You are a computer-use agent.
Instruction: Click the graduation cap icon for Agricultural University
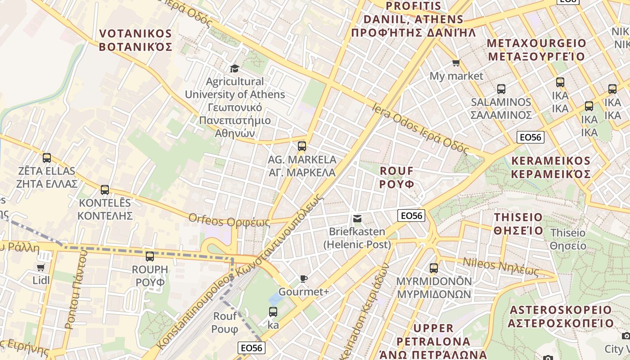(x=234, y=68)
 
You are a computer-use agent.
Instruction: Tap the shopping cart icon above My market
(x=456, y=63)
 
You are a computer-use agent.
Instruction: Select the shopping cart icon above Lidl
(x=41, y=267)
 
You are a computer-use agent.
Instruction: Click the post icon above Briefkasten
(x=357, y=219)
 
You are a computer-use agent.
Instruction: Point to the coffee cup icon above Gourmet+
(x=304, y=279)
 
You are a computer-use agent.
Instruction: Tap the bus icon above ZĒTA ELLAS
(x=47, y=158)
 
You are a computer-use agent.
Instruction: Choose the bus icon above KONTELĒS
(x=105, y=189)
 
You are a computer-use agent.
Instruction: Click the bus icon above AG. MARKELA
(x=302, y=146)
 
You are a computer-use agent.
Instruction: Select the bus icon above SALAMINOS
(x=501, y=89)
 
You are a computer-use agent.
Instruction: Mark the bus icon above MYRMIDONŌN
(x=434, y=268)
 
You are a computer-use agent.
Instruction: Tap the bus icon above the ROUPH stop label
(x=150, y=256)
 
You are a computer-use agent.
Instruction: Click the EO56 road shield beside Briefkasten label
(x=412, y=216)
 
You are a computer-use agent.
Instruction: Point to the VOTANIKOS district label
(x=135, y=40)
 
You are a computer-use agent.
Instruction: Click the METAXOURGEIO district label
(x=536, y=50)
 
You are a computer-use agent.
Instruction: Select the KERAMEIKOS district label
(x=551, y=167)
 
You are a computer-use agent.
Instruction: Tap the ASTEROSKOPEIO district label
(x=561, y=316)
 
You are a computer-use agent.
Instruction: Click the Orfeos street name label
(x=229, y=220)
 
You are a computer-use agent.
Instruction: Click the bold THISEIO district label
(x=518, y=224)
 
